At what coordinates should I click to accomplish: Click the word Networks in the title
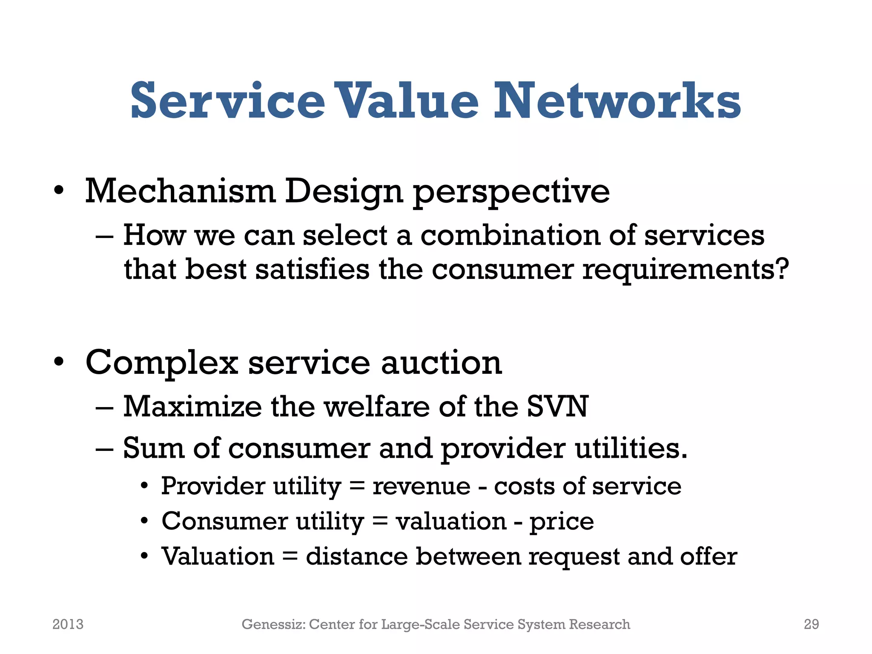coord(617,101)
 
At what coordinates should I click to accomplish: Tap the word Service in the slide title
coord(228,101)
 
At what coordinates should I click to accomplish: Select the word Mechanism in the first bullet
coord(181,191)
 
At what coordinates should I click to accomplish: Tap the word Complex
coord(161,363)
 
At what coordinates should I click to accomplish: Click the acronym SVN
coord(557,407)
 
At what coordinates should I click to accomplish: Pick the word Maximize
coord(192,407)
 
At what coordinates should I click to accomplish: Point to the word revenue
coord(422,486)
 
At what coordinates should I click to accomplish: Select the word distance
coord(357,556)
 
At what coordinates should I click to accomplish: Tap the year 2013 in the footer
coord(68,624)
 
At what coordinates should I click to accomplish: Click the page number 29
coord(811,624)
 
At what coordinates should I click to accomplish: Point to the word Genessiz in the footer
coord(273,624)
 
